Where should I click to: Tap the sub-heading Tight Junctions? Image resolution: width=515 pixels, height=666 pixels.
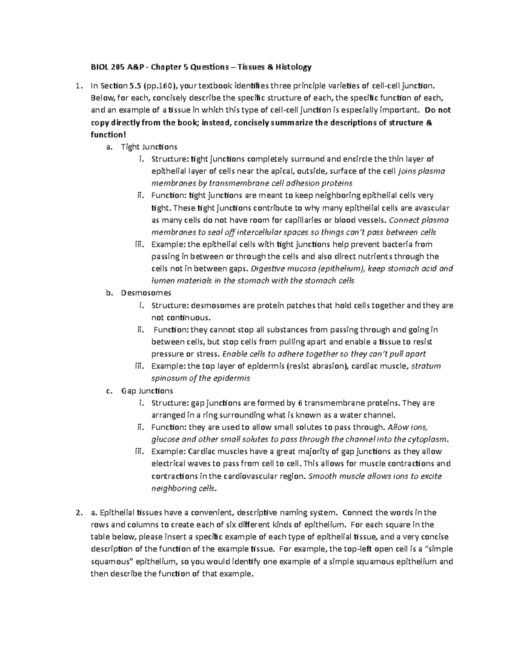(x=149, y=147)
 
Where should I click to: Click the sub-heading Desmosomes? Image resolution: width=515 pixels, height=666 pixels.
(x=146, y=293)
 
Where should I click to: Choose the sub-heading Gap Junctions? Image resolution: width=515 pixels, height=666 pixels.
(x=147, y=391)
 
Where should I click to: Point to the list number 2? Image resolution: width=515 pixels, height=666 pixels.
(x=78, y=512)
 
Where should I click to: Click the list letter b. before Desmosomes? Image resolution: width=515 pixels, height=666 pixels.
(x=108, y=293)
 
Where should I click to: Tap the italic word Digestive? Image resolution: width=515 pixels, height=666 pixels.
(x=270, y=269)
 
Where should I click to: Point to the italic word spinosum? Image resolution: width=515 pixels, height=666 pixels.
(x=168, y=378)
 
